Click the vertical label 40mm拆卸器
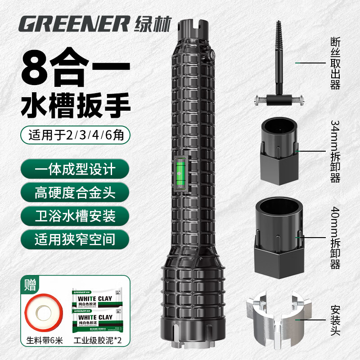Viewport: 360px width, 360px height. click(335, 238)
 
